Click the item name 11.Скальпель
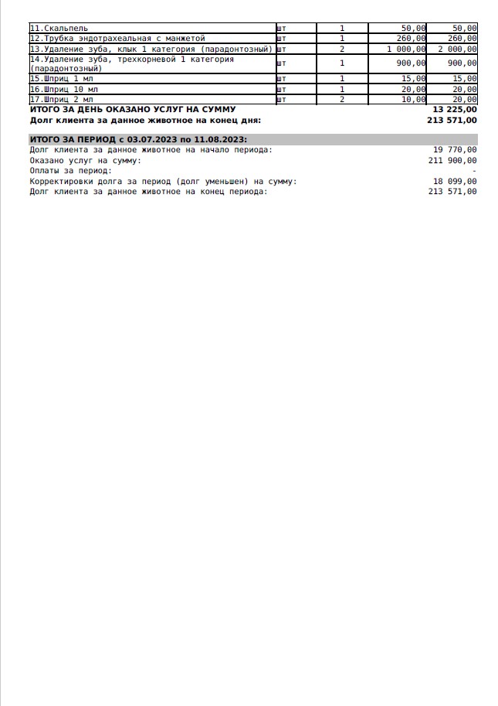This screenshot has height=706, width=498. pyautogui.click(x=59, y=29)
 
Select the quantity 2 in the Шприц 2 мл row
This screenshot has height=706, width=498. pyautogui.click(x=342, y=99)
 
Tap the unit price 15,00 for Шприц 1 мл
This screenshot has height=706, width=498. pyautogui.click(x=413, y=79)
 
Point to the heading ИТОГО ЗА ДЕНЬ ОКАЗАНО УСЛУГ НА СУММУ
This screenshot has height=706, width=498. pyautogui.click(x=132, y=110)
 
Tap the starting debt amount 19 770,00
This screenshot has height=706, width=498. pyautogui.click(x=455, y=149)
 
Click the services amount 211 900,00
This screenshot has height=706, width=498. pyautogui.click(x=452, y=160)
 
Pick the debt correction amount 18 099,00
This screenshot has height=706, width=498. pyautogui.click(x=455, y=181)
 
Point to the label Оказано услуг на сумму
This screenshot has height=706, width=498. pyautogui.click(x=85, y=160)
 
